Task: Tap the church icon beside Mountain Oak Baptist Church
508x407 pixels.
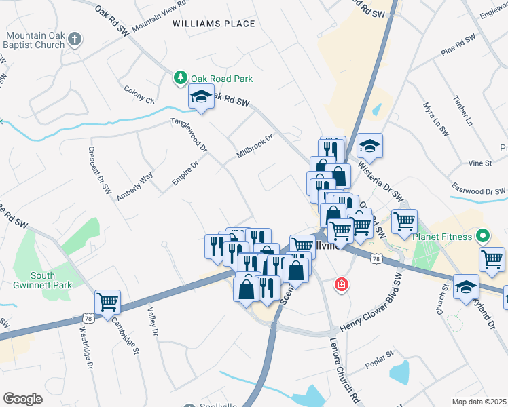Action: (x=75, y=39)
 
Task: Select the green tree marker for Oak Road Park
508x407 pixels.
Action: (x=181, y=79)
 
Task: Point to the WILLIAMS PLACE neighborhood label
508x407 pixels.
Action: (x=214, y=24)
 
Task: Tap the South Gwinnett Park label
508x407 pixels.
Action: (x=51, y=280)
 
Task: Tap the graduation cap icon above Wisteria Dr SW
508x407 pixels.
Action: (x=369, y=145)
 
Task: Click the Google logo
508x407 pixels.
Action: (x=22, y=399)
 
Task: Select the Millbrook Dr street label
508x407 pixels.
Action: (x=255, y=147)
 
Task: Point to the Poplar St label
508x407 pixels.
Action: (x=380, y=355)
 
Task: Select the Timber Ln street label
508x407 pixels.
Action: (x=462, y=111)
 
